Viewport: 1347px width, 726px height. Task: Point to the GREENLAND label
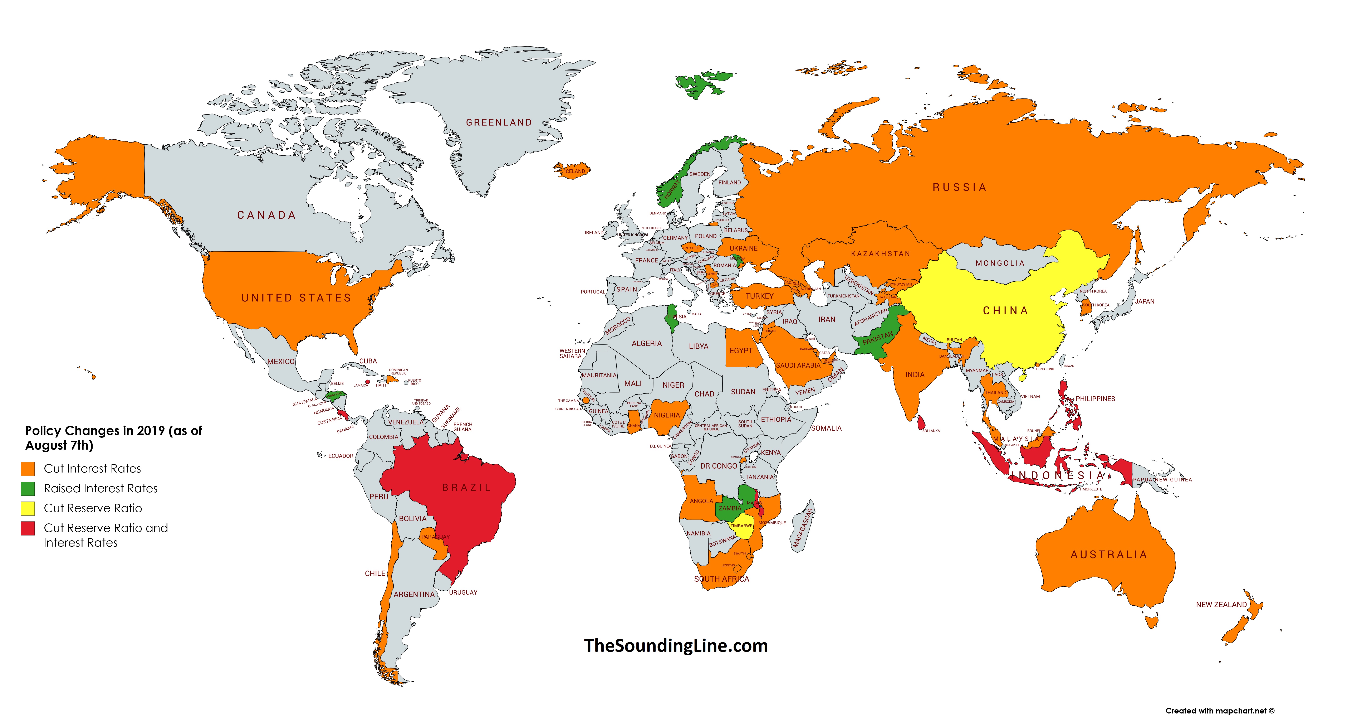pos(499,122)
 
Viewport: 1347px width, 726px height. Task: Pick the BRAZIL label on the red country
pos(466,488)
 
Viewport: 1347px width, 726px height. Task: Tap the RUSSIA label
pos(960,187)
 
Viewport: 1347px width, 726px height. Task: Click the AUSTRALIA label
pos(1108,555)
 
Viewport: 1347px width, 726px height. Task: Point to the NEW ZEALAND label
pos(1221,605)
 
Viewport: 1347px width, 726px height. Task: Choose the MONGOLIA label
pos(1000,263)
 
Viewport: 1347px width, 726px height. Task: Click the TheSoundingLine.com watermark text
pos(676,645)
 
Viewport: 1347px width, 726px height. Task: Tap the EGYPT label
pos(741,350)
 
